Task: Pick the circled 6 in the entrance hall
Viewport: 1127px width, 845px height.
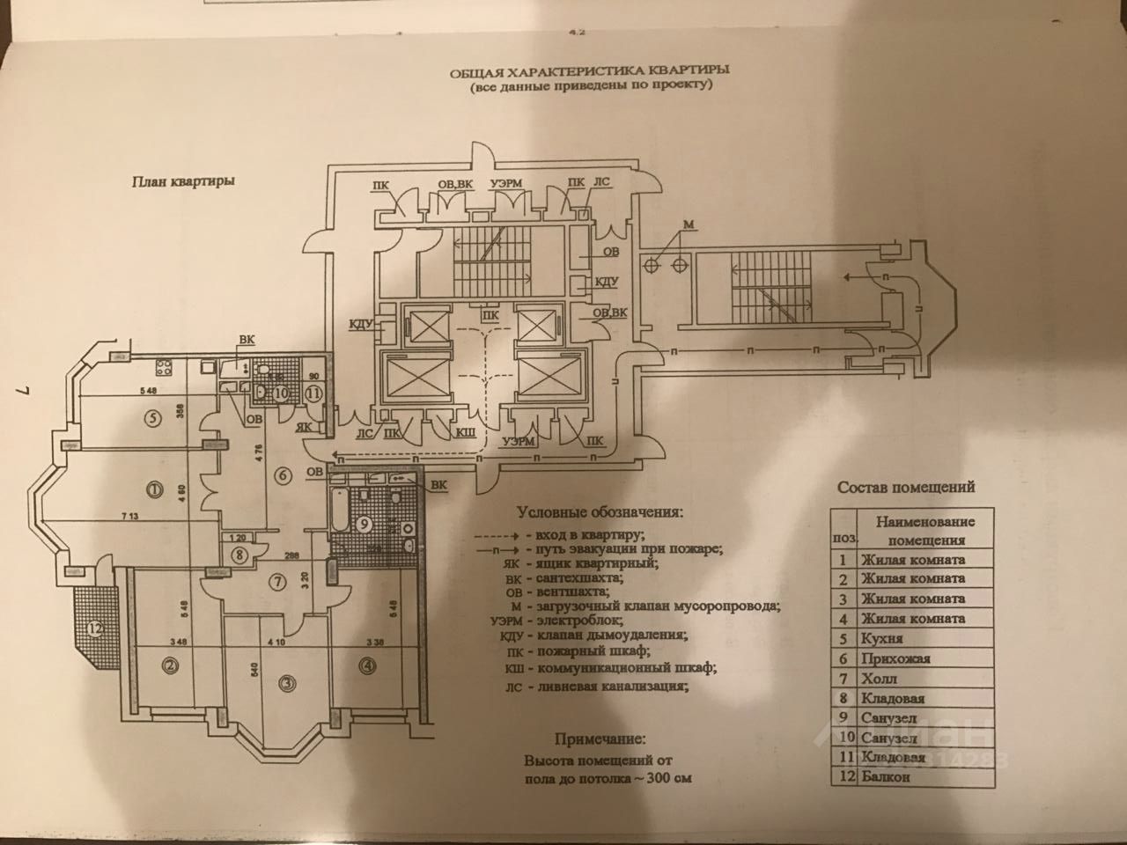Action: (x=283, y=476)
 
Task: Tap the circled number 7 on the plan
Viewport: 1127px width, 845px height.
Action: (x=278, y=581)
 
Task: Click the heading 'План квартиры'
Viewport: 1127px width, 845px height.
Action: (x=183, y=183)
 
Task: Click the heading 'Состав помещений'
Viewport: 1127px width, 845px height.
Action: (x=906, y=487)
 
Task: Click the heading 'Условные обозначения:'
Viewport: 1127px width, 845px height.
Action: (x=599, y=511)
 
